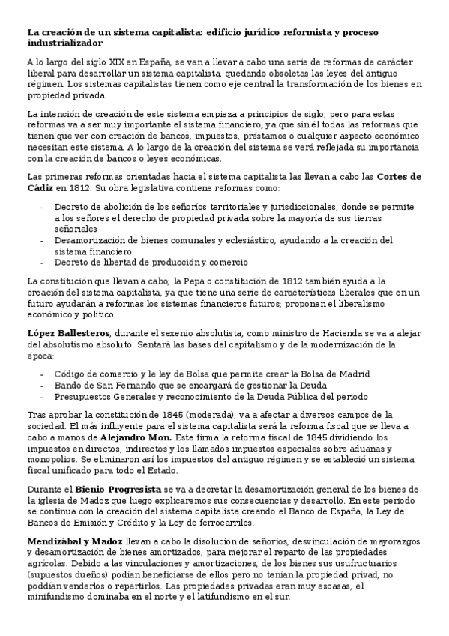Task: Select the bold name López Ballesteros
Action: pyautogui.click(x=69, y=333)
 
